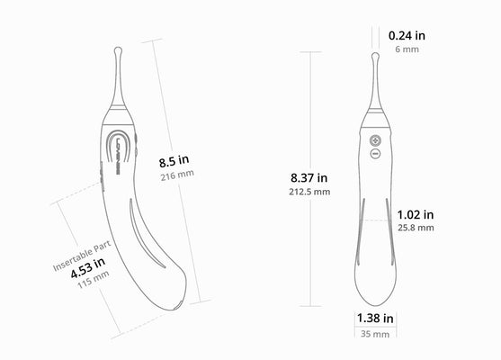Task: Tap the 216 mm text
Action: pos(177,176)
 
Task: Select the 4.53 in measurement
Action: pos(87,263)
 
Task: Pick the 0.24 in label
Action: pos(407,35)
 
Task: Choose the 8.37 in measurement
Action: pos(309,177)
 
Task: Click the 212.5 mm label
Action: pos(309,192)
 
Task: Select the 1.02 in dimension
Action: pos(416,214)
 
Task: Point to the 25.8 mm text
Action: pos(416,229)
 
